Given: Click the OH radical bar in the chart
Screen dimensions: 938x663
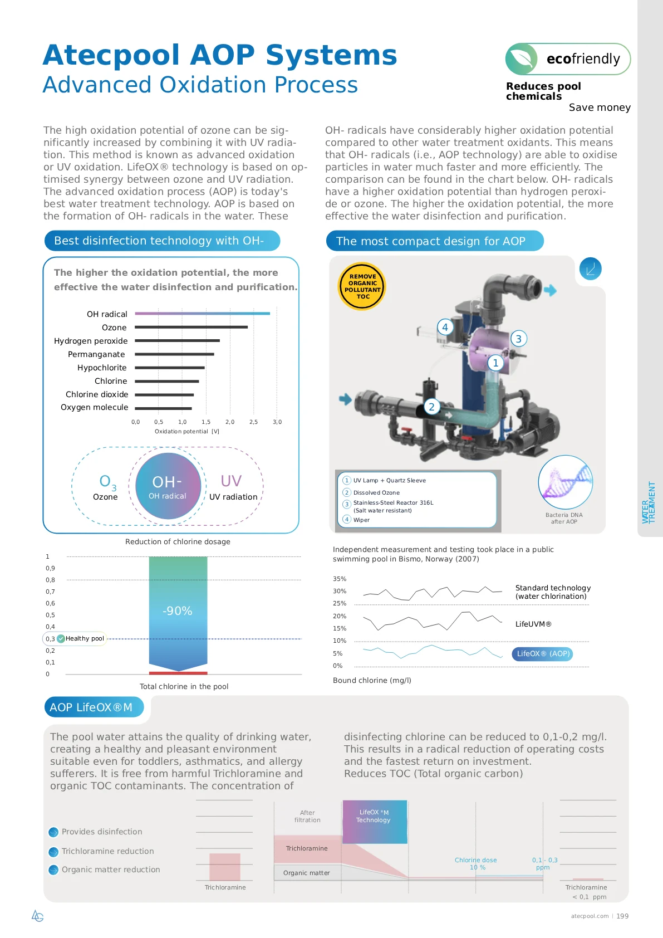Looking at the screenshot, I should pyautogui.click(x=202, y=314).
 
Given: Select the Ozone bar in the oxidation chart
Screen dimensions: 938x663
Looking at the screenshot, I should pyautogui.click(x=191, y=327).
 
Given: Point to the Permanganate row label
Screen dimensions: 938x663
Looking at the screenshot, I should pyautogui.click(x=96, y=354).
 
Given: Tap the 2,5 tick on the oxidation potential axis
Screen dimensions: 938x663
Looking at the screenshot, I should pyautogui.click(x=253, y=422).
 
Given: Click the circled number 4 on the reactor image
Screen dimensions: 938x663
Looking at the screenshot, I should pyautogui.click(x=445, y=327).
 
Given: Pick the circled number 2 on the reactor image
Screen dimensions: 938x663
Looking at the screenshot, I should pyautogui.click(x=431, y=407).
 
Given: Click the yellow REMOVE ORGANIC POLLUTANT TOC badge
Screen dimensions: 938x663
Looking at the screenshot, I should pyautogui.click(x=362, y=286).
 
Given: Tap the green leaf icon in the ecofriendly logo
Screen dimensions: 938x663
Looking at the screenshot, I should pyautogui.click(x=522, y=58).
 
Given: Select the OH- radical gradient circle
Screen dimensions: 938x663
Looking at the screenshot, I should pyautogui.click(x=168, y=486).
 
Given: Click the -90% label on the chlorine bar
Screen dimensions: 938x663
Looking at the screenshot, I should pyautogui.click(x=178, y=611).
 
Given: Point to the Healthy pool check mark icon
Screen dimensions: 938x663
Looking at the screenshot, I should pyautogui.click(x=61, y=639).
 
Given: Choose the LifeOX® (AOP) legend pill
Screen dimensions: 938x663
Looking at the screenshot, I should pyautogui.click(x=542, y=654).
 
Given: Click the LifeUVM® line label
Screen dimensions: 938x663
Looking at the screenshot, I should pyautogui.click(x=533, y=624).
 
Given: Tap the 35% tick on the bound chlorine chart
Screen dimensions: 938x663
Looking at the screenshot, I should pyautogui.click(x=339, y=579).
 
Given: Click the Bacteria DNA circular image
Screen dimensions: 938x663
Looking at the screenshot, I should pyautogui.click(x=565, y=482).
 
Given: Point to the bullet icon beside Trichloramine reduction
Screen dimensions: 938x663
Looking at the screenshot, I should pyautogui.click(x=53, y=852).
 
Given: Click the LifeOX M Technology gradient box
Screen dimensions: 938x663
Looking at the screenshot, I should pyautogui.click(x=375, y=822).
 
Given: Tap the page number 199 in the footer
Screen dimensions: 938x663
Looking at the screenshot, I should pyautogui.click(x=622, y=916).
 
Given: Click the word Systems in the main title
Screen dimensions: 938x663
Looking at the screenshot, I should pyautogui.click(x=331, y=55).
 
